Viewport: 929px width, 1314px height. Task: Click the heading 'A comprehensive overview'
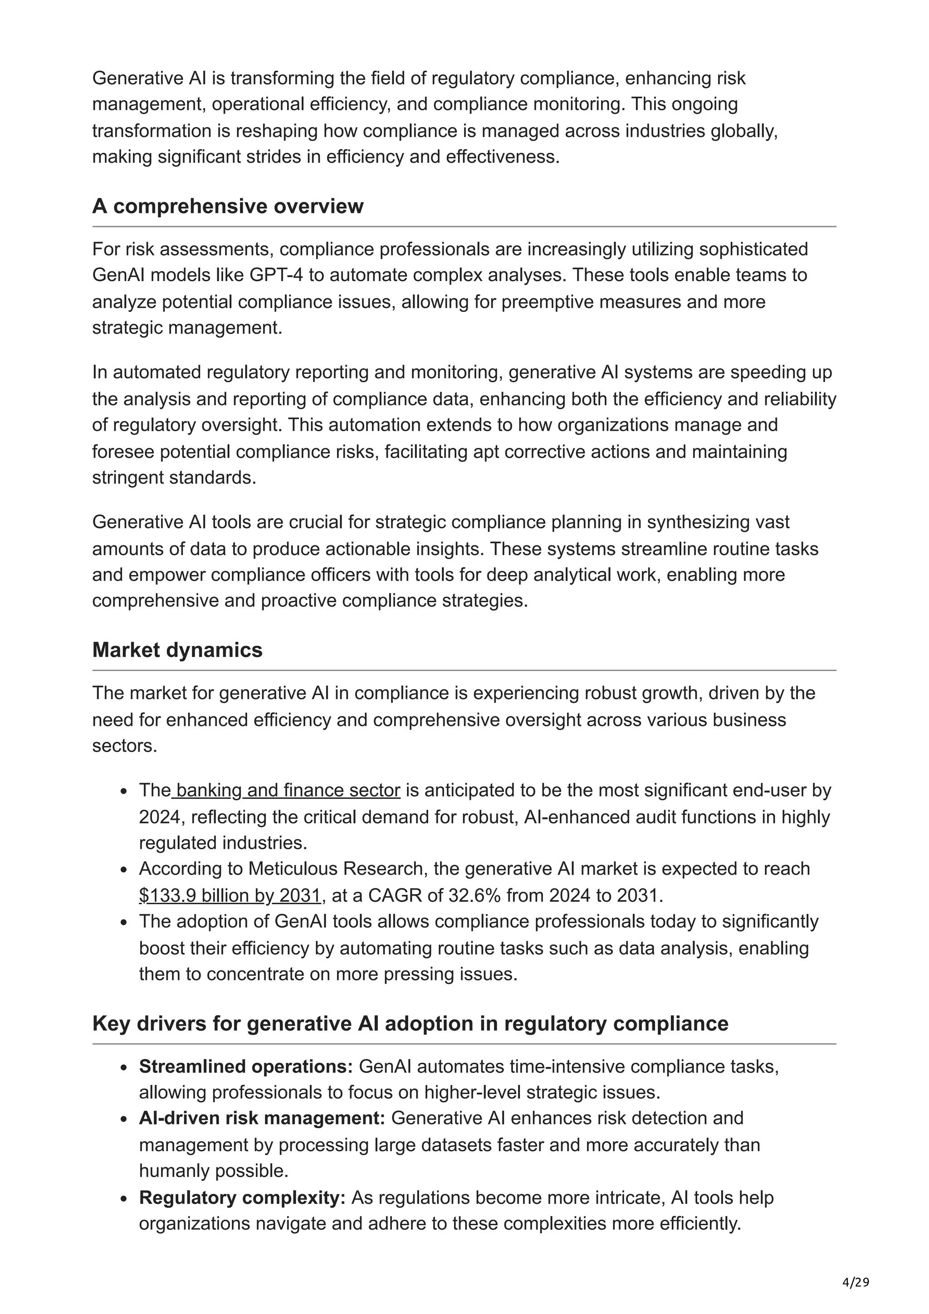227,206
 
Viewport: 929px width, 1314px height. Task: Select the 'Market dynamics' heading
177,650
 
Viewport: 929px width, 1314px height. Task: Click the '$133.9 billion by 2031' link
230,895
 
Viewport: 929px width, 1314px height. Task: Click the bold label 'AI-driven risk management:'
262,1118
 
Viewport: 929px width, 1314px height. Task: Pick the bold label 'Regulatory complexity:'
242,1197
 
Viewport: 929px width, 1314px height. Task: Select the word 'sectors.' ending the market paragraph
124,746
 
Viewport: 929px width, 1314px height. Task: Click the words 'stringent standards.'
174,477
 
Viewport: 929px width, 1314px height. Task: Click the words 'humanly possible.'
214,1171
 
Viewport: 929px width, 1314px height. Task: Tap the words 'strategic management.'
187,328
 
